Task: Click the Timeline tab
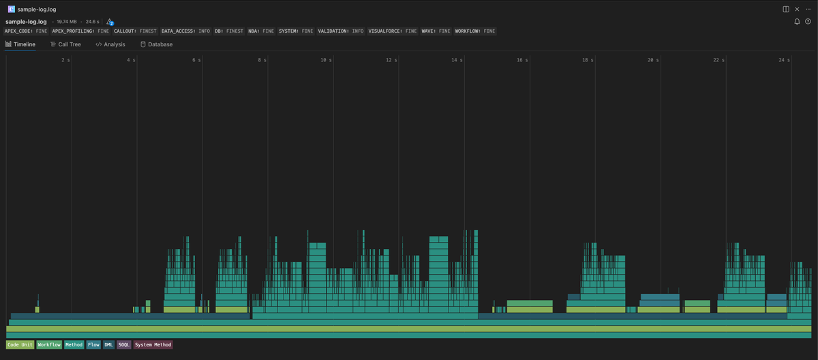(x=20, y=44)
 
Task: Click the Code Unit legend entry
(x=20, y=345)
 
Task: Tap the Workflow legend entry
(x=49, y=345)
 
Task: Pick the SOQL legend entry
(x=124, y=345)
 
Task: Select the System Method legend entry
(x=153, y=345)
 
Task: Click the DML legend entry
(x=109, y=345)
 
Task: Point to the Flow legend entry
(x=93, y=345)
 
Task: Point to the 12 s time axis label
(x=391, y=61)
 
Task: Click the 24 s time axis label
(x=784, y=61)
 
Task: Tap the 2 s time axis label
(x=65, y=61)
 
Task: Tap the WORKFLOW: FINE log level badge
(x=475, y=31)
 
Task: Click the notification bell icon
(x=797, y=22)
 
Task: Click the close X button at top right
(x=797, y=9)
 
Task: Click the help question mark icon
(x=808, y=22)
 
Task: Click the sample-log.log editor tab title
(x=37, y=10)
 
